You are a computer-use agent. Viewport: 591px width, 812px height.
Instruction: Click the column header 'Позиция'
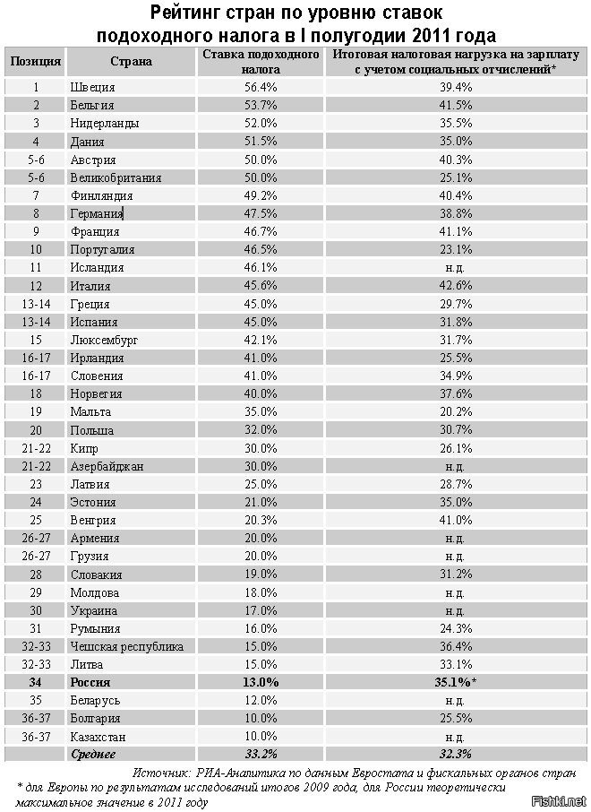tap(36, 62)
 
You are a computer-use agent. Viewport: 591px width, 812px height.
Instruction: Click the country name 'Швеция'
tap(92, 88)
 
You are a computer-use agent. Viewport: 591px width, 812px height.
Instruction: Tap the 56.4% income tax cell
tap(261, 88)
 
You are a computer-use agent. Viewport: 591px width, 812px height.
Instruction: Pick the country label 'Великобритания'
tap(116, 177)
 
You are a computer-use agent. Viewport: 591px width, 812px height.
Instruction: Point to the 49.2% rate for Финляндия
tap(261, 195)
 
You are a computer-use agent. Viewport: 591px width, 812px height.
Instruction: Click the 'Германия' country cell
tap(96, 213)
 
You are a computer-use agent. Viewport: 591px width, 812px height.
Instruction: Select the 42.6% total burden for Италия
tap(455, 286)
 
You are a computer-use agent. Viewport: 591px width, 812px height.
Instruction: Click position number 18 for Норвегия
tap(36, 393)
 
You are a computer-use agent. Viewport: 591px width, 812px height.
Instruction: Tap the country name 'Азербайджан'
tap(107, 466)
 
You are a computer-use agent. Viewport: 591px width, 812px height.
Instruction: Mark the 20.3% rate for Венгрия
tap(261, 520)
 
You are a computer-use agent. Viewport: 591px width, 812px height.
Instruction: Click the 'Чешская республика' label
tap(126, 646)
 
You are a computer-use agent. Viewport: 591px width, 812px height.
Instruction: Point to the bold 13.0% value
tap(261, 682)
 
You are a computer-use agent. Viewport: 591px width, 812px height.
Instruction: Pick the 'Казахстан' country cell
tap(98, 736)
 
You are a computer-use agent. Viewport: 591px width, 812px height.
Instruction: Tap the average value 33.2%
tap(261, 754)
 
